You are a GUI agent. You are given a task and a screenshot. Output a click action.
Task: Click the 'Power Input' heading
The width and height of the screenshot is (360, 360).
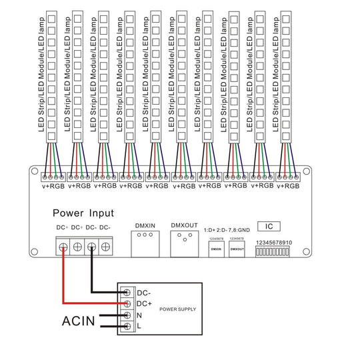(83, 213)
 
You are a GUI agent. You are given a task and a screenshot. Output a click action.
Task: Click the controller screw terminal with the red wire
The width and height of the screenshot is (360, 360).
(63, 247)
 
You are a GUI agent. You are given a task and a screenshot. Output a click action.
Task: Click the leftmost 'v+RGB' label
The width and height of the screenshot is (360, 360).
(55, 187)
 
